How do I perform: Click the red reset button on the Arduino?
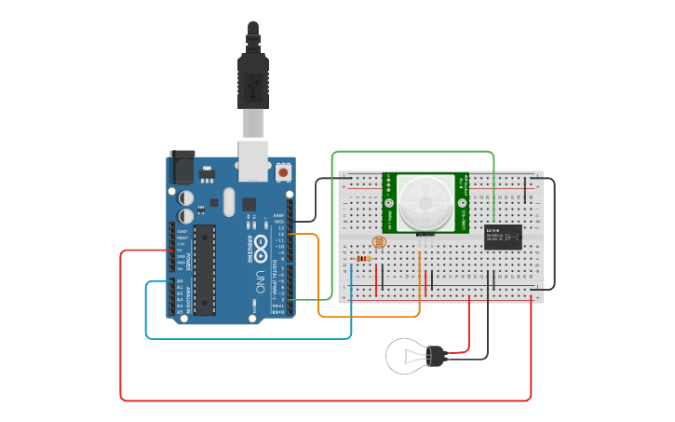283,172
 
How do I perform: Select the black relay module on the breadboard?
503,238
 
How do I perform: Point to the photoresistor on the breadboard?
378,243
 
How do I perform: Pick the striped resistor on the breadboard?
364,259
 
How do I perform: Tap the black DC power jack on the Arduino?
181,167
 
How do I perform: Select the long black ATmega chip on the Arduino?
205,269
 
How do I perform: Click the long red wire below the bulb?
326,401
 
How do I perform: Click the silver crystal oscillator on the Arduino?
229,201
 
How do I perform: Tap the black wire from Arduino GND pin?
316,196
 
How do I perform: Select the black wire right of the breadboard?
554,233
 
